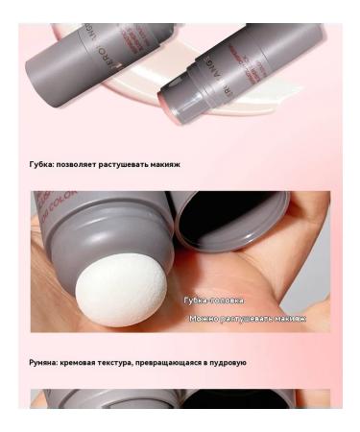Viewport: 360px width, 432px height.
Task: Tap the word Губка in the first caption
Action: [41, 164]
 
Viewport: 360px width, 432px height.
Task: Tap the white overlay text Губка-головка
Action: [213, 300]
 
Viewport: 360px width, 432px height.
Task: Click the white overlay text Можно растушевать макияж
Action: [247, 318]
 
